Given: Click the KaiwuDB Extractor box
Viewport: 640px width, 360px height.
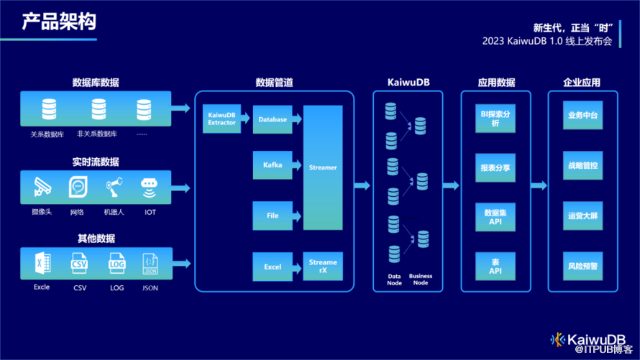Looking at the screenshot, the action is point(221,119).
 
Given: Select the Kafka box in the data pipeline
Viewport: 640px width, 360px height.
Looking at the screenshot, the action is point(273,165).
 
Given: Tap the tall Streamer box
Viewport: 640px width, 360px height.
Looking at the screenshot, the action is point(323,167).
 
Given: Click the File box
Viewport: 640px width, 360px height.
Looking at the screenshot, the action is point(273,216).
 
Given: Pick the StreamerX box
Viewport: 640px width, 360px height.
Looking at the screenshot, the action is point(323,267).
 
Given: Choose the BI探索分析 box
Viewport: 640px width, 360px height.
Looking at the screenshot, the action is point(495,119).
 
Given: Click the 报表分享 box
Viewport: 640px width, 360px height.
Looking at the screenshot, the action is point(495,167).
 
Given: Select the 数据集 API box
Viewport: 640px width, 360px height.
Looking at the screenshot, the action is point(495,217).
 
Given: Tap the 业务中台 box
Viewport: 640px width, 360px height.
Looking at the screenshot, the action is point(583,115).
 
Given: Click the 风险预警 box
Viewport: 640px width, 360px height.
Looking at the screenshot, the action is point(583,267).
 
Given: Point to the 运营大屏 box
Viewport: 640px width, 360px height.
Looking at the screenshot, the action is point(583,216).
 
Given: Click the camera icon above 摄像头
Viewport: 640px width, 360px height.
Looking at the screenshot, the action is point(42,187).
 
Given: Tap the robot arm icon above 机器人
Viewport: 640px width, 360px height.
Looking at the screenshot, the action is point(114,187).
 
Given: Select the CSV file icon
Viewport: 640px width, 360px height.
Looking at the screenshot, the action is point(79,264).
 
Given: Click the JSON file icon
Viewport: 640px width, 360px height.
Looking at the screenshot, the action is point(150,264).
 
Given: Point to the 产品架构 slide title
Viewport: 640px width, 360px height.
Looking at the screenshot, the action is point(59,22).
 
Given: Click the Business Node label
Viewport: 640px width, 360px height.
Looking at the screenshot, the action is point(421,280).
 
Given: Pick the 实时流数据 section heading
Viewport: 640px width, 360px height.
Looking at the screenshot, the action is point(96,162).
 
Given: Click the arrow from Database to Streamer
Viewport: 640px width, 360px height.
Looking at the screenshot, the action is point(297,119).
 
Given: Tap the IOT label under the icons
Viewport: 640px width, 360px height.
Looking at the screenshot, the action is point(150,212).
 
